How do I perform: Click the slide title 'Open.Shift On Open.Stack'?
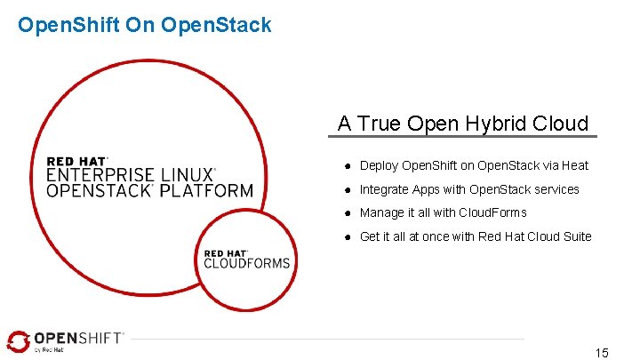pyautogui.click(x=144, y=25)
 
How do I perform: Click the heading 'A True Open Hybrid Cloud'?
pyautogui.click(x=463, y=123)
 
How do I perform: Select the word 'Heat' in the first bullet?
pyautogui.click(x=575, y=165)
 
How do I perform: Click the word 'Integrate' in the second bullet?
pyautogui.click(x=384, y=189)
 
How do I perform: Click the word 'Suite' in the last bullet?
pyautogui.click(x=575, y=236)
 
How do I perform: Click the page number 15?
pyautogui.click(x=602, y=353)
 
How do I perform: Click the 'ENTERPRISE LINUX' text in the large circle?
pyautogui.click(x=130, y=175)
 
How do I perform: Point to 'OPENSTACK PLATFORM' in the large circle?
pyautogui.click(x=149, y=190)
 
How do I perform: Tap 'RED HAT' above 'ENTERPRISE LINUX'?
pyautogui.click(x=76, y=161)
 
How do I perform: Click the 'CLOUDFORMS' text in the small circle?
pyautogui.click(x=246, y=262)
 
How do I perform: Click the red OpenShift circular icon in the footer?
pyautogui.click(x=17, y=341)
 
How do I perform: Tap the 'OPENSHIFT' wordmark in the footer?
pyautogui.click(x=78, y=339)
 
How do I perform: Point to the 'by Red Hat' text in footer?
pyautogui.click(x=50, y=350)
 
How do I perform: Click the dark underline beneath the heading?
pyautogui.click(x=463, y=137)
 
